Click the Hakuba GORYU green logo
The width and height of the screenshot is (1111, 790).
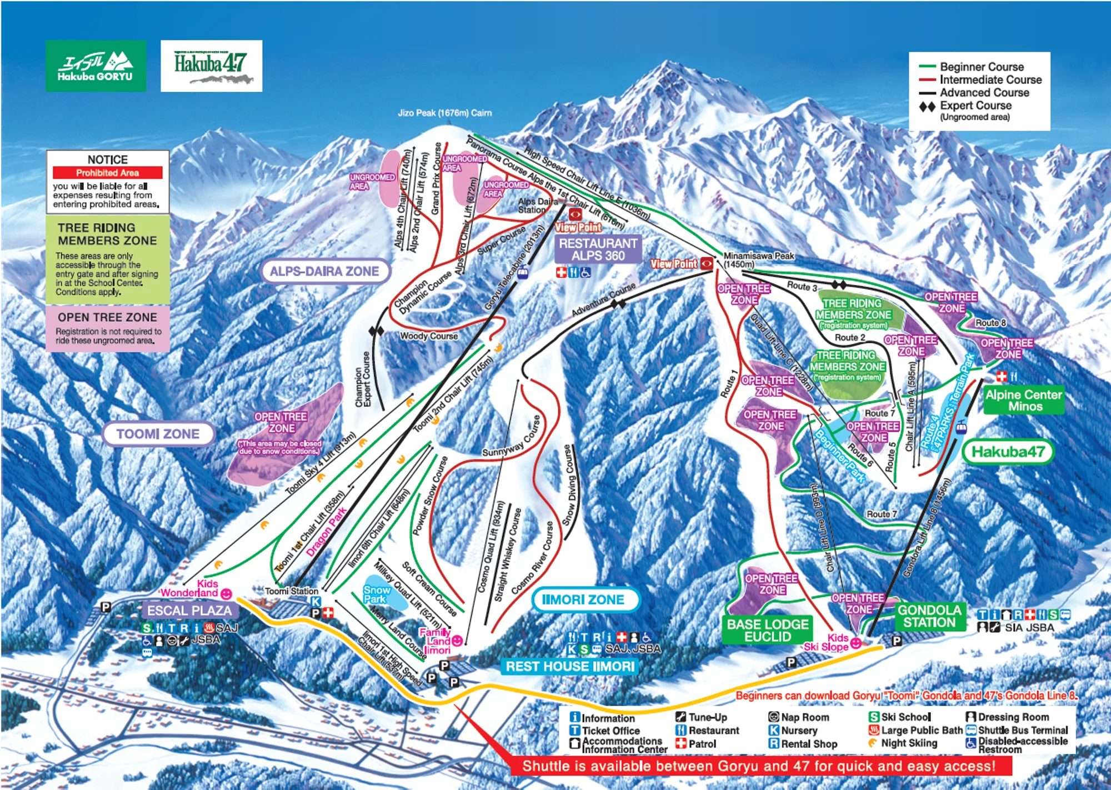click(x=96, y=66)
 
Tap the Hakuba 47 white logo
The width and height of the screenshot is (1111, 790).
click(x=211, y=66)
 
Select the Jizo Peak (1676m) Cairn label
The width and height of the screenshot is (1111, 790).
click(x=444, y=113)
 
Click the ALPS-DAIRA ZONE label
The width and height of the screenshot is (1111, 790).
click(x=324, y=271)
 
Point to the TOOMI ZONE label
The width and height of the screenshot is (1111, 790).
click(x=158, y=434)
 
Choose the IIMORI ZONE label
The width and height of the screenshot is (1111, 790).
click(x=583, y=599)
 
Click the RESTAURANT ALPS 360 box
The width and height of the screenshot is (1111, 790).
click(x=598, y=249)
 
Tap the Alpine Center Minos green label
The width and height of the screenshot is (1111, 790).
click(x=1023, y=400)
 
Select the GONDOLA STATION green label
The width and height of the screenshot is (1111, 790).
click(x=929, y=616)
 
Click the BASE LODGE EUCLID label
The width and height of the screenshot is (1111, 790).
click(x=767, y=630)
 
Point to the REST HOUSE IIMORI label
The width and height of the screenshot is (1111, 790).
click(x=569, y=666)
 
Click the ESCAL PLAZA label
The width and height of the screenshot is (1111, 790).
click(x=189, y=611)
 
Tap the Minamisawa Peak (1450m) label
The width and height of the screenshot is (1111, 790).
click(x=758, y=259)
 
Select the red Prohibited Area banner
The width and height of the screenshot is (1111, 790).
click(x=107, y=173)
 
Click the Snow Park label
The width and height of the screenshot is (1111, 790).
click(x=376, y=594)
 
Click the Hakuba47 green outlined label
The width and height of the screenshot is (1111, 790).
click(x=1008, y=452)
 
